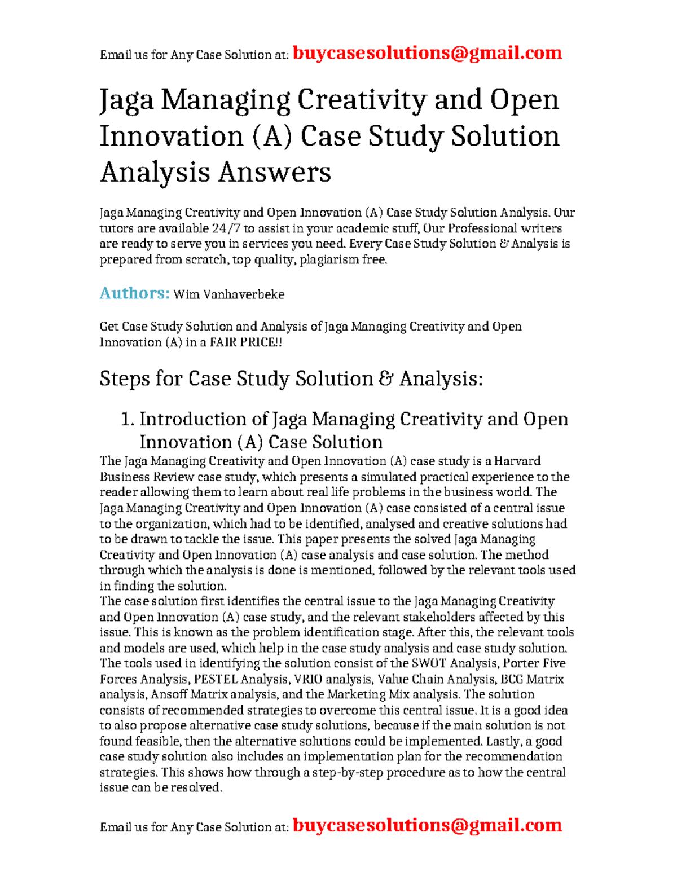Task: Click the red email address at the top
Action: coord(427,53)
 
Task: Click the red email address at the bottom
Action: coord(427,825)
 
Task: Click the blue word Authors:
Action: coord(134,293)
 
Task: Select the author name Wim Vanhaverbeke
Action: coord(228,294)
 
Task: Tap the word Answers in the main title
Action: coord(274,172)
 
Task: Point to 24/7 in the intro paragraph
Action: coord(226,228)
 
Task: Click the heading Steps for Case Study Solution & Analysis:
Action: coord(291,378)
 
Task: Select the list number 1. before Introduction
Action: coord(128,419)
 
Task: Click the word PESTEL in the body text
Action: coord(216,679)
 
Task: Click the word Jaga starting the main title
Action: coord(126,100)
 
